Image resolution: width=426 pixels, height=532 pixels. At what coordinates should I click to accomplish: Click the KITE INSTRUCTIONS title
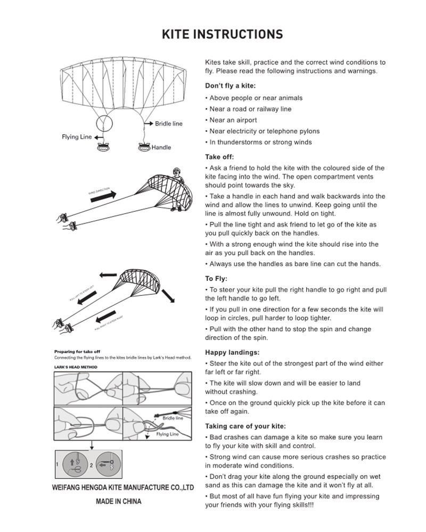click(x=222, y=35)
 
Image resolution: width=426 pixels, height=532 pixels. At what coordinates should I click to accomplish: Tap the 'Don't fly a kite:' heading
click(x=230, y=86)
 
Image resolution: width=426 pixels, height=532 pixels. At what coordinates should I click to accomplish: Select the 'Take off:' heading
click(x=219, y=157)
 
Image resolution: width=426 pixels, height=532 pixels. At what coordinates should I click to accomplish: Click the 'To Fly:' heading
click(x=216, y=279)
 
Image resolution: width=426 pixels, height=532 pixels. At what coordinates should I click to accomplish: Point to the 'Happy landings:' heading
click(x=232, y=352)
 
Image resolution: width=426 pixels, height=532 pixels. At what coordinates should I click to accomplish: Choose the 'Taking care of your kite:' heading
click(x=245, y=426)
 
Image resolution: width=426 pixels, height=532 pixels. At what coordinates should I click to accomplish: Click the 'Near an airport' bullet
click(x=233, y=120)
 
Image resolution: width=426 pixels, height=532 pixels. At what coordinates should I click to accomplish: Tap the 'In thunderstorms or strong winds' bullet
click(x=260, y=143)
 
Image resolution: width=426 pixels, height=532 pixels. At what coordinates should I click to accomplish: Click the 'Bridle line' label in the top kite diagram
click(x=168, y=124)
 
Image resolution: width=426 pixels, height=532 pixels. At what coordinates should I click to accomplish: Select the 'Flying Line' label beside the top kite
click(x=77, y=137)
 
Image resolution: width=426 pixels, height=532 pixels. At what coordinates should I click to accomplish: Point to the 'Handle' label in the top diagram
click(x=161, y=147)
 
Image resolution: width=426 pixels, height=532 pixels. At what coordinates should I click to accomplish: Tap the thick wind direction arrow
click(x=103, y=197)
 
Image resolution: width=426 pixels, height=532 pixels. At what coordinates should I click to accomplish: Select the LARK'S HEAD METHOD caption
click(x=76, y=367)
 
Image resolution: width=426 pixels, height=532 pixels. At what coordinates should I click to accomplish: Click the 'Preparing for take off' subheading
click(x=77, y=352)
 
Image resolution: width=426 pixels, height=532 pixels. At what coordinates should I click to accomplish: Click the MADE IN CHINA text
click(x=118, y=501)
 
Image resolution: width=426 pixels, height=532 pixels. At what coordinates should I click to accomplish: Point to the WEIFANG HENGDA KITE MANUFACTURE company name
click(x=122, y=487)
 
